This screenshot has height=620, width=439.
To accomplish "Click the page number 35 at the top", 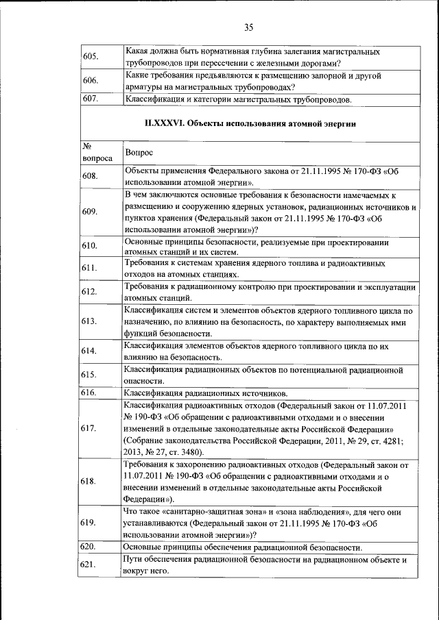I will point(248,27).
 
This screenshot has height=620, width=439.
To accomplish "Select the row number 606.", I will point(91,81).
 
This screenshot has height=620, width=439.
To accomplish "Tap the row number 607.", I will point(91,99).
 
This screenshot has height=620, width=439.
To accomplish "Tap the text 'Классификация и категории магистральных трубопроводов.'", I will point(237,100).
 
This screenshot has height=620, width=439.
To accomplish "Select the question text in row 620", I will point(242,547).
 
